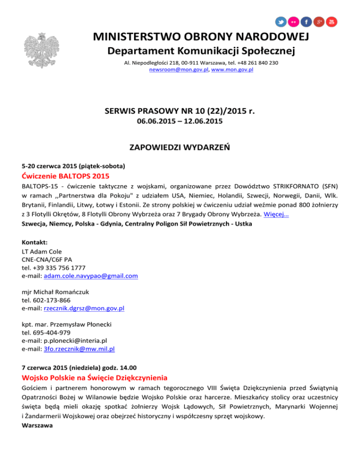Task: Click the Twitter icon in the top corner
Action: [x=281, y=22]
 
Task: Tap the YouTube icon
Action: [x=332, y=22]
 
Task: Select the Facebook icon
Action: [x=307, y=22]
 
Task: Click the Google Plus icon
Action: [x=319, y=22]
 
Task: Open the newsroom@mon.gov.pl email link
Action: [x=179, y=69]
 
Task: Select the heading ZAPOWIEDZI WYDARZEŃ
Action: [x=180, y=149]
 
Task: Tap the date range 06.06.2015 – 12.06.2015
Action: [x=180, y=121]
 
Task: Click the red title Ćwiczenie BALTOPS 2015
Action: [x=66, y=177]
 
